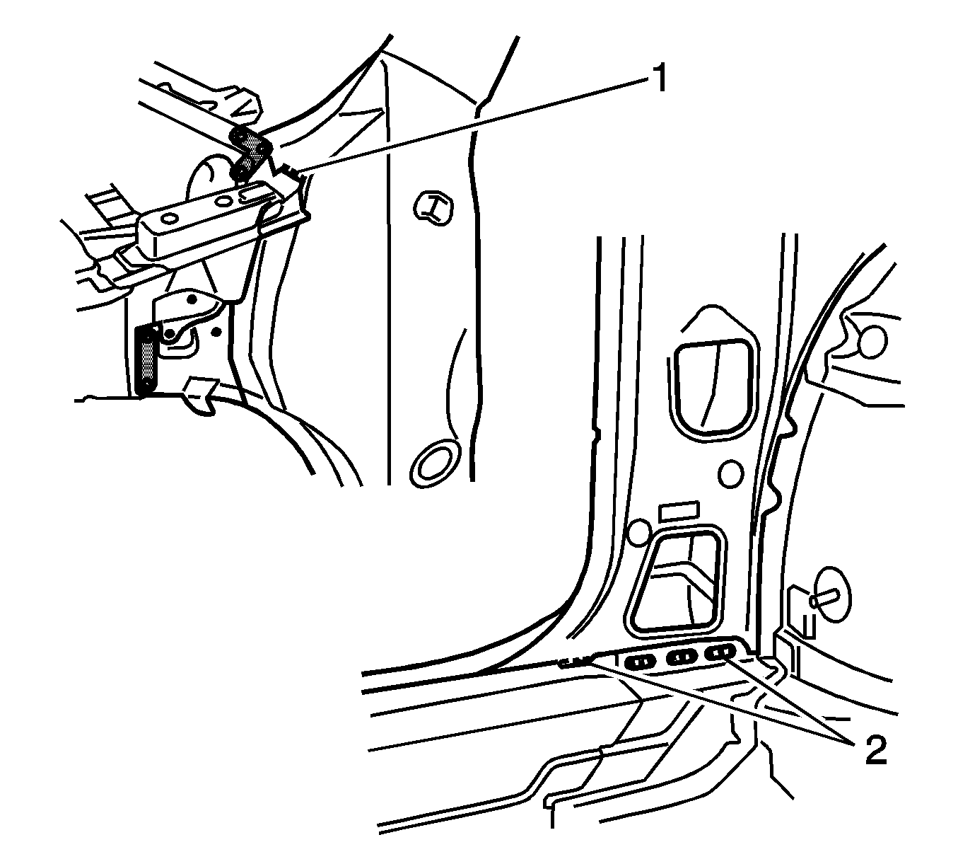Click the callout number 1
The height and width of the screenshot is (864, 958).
tap(660, 79)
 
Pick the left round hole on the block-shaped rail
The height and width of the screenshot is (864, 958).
tap(169, 219)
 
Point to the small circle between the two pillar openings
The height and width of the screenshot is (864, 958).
tap(730, 473)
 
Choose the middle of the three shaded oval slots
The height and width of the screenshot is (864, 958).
tap(681, 658)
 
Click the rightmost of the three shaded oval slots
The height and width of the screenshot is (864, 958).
tap(720, 652)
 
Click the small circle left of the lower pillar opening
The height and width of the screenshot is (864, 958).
tap(639, 534)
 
